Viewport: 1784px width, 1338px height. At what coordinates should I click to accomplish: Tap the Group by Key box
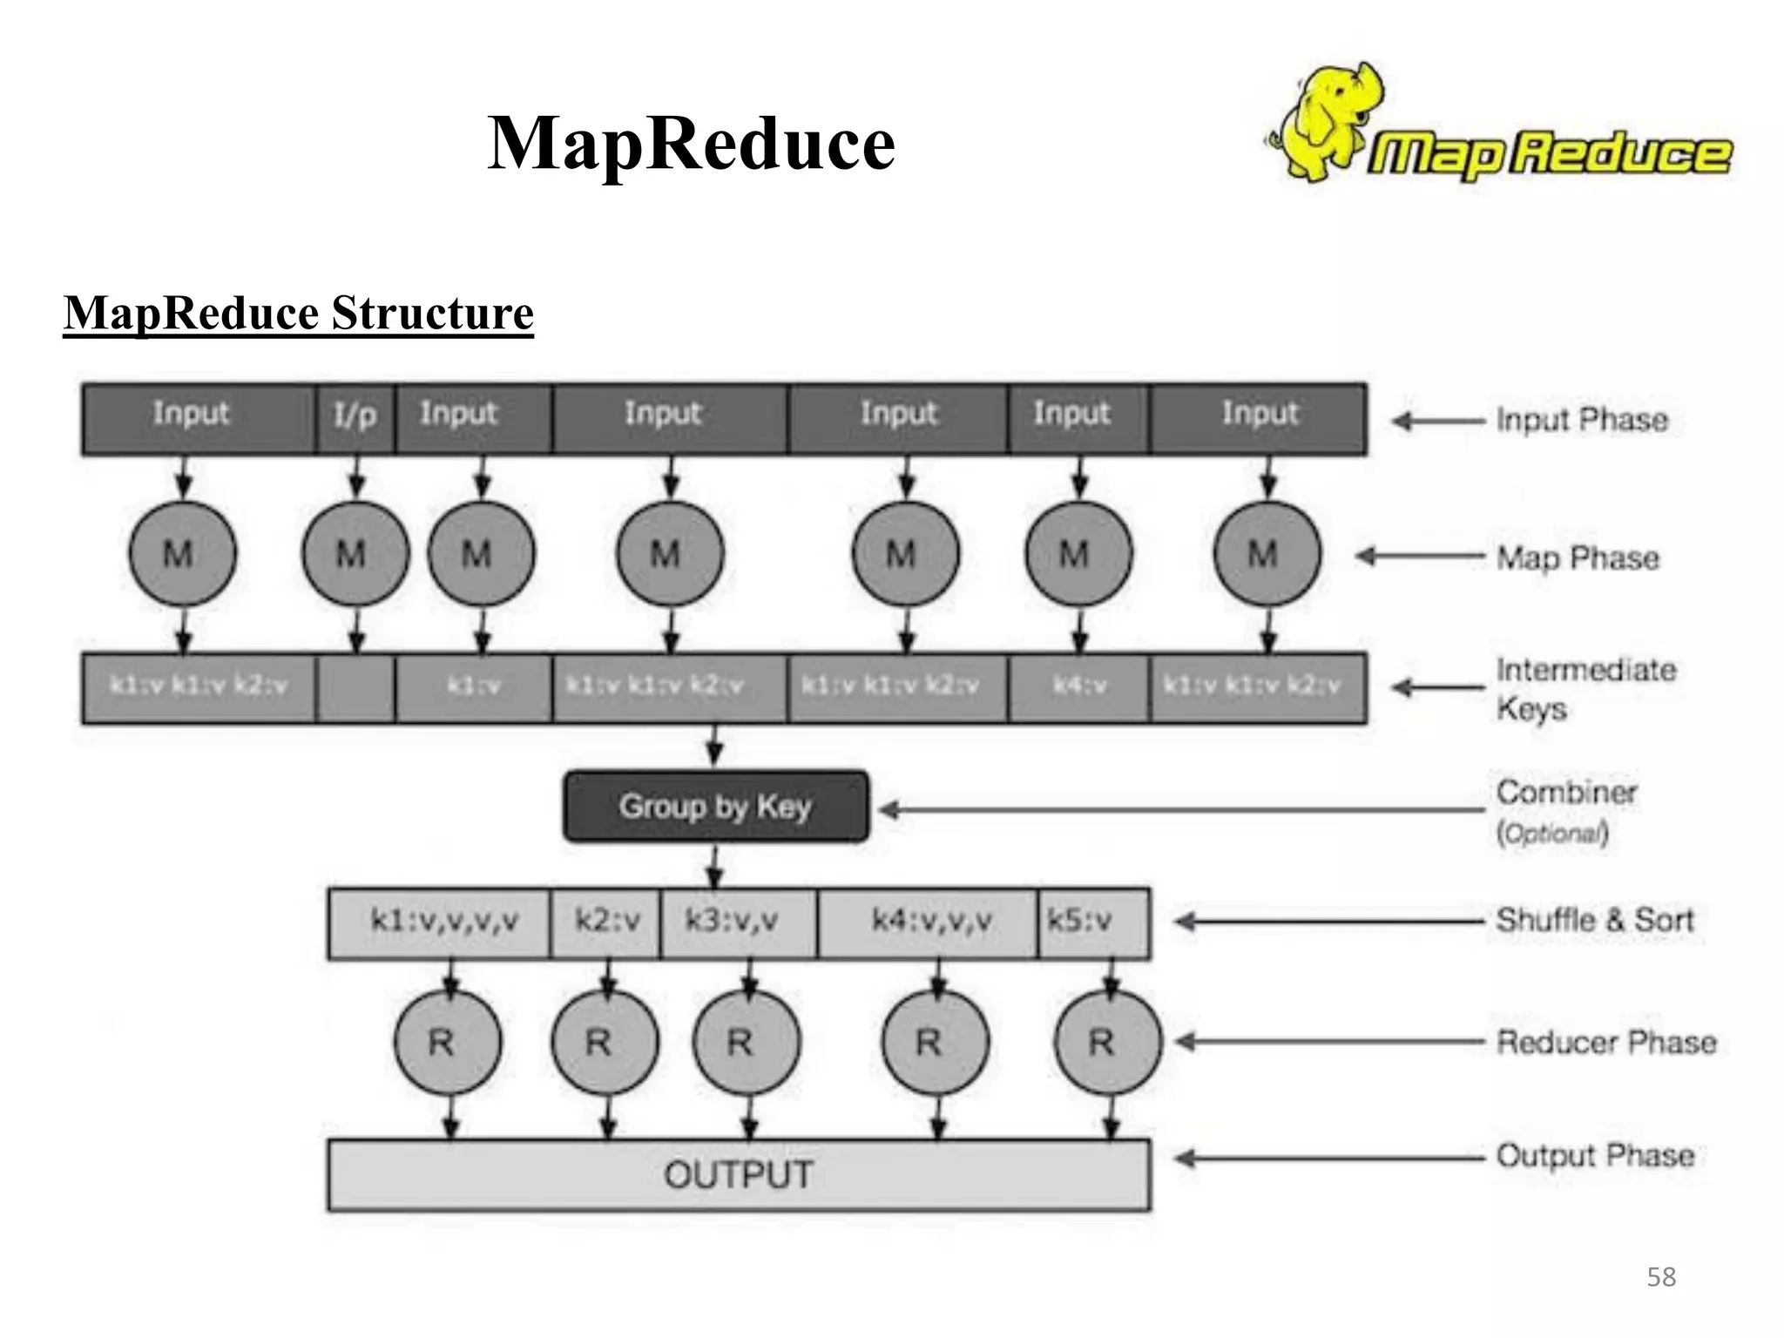click(x=715, y=807)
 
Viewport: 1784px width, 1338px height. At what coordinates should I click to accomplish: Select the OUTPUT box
click(x=739, y=1175)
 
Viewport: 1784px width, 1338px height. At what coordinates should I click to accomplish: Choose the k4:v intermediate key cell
click(x=1078, y=686)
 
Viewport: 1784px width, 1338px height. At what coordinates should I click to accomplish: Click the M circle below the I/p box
click(x=355, y=554)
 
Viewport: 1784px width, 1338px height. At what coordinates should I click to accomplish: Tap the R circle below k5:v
click(x=1106, y=1042)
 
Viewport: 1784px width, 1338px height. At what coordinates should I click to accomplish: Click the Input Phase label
click(x=1581, y=420)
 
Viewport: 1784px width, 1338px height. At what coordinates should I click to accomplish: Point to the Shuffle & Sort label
click(x=1594, y=920)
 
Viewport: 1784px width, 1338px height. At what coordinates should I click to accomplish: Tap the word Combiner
click(x=1566, y=793)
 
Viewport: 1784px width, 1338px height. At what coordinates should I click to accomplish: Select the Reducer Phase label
click(x=1605, y=1042)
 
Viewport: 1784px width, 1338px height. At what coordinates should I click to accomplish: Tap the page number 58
click(x=1660, y=1277)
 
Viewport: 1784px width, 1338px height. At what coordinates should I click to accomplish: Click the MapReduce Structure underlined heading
click(x=298, y=314)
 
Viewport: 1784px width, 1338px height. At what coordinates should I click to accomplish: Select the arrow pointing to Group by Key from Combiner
click(x=1176, y=810)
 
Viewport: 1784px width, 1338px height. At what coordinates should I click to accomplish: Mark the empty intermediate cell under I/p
click(x=355, y=688)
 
